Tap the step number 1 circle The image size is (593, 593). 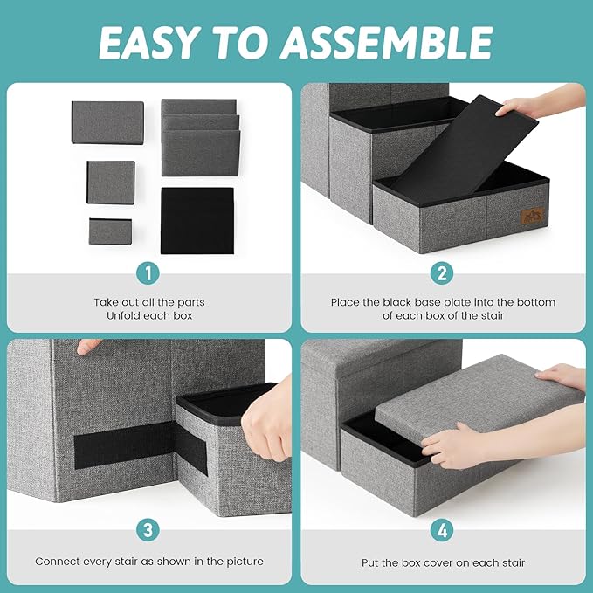pos(148,273)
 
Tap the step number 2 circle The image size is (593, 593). pos(444,273)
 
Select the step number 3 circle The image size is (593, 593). pos(148,530)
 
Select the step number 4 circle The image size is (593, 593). pos(444,530)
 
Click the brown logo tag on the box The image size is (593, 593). pos(531,216)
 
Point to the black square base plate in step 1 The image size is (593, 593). pos(197,220)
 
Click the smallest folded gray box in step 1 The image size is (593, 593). pos(110,231)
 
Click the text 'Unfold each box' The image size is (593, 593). pos(148,316)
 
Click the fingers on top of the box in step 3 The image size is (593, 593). pos(89,347)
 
